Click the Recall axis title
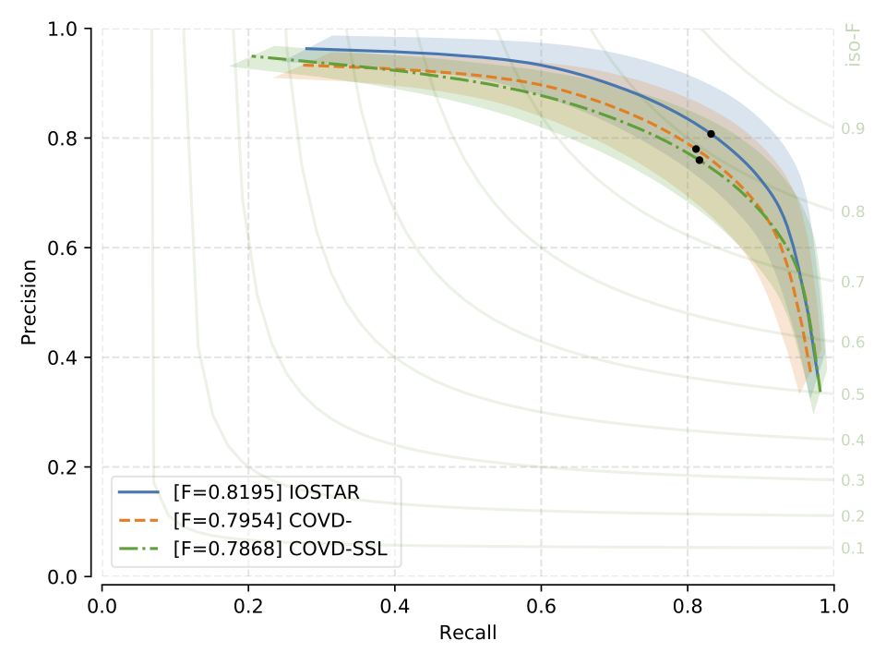[468, 633]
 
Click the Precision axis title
[30, 303]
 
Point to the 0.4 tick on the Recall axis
[394, 609]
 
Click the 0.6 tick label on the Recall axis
[541, 609]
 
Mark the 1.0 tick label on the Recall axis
[833, 609]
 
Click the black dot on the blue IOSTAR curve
[711, 134]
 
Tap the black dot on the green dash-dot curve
[699, 160]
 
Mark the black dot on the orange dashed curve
[696, 149]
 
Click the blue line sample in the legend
[139, 492]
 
